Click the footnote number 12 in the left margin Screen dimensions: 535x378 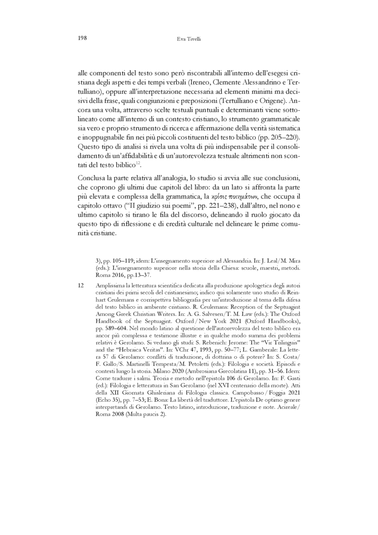tap(80, 286)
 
